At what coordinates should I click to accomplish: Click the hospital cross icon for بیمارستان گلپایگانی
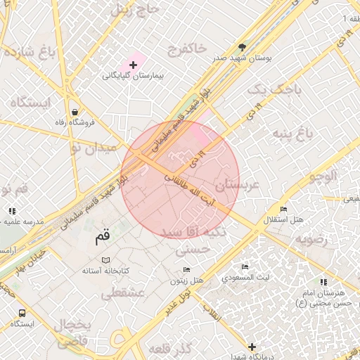click(133, 65)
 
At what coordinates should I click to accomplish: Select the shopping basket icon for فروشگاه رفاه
click(75, 112)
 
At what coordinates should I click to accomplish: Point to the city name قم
click(103, 237)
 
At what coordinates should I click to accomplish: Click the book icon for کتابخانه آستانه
click(105, 260)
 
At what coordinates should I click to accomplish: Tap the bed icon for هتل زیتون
click(186, 270)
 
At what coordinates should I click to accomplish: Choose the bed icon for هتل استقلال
click(283, 210)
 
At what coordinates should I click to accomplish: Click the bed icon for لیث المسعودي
click(245, 267)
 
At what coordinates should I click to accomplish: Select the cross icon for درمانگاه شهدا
click(252, 346)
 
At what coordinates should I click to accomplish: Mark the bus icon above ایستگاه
click(22, 312)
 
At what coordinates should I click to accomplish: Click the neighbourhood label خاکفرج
click(186, 49)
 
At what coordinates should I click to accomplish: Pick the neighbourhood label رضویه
click(311, 239)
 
